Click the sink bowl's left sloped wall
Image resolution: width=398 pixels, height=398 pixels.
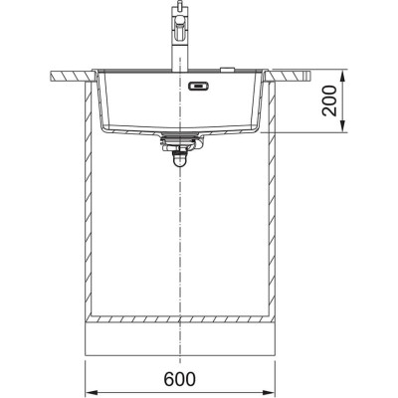(x=102, y=109)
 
